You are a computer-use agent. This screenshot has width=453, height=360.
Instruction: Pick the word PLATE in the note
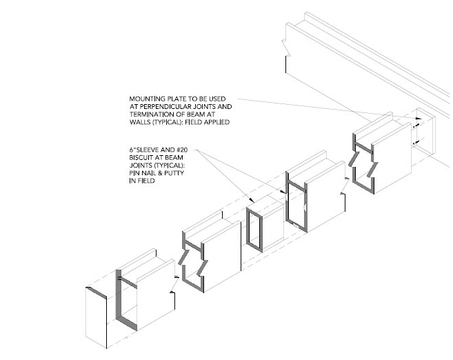pos(174,98)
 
